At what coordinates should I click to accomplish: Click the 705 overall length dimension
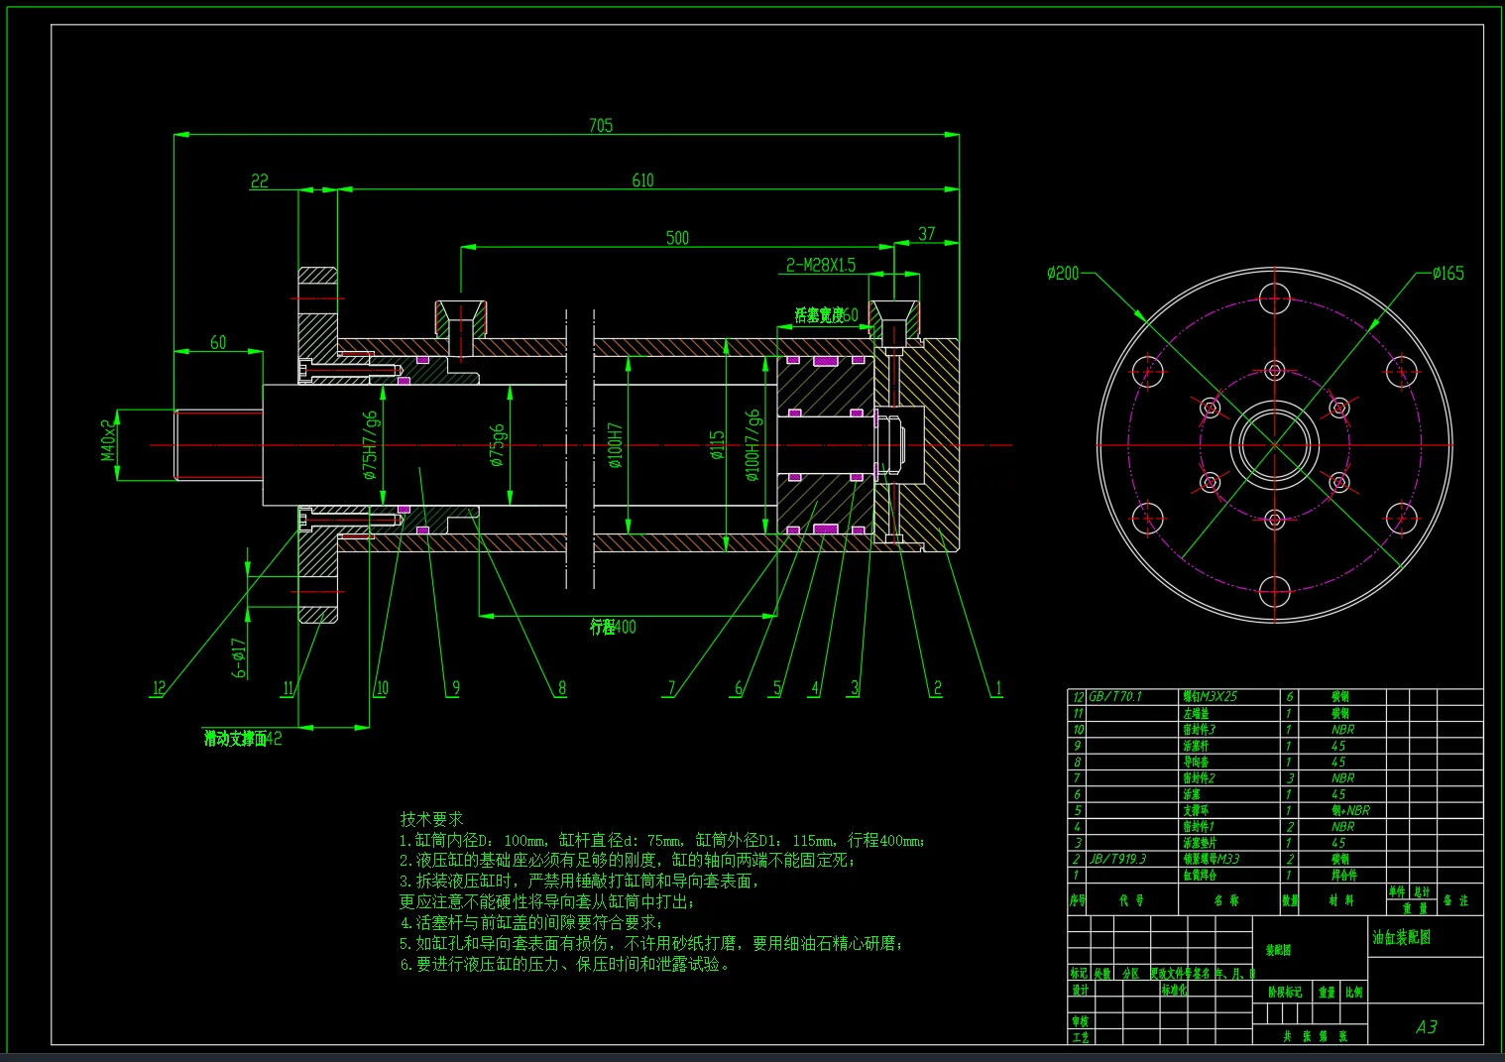pyautogui.click(x=601, y=126)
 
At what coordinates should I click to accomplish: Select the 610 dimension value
pyautogui.click(x=642, y=180)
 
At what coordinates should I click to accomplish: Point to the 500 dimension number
pyautogui.click(x=677, y=238)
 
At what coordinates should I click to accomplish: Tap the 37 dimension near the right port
pyautogui.click(x=926, y=234)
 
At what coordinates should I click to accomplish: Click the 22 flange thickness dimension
pyautogui.click(x=260, y=180)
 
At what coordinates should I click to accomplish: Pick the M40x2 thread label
pyautogui.click(x=109, y=439)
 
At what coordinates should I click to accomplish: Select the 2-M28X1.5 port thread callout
pyautogui.click(x=820, y=265)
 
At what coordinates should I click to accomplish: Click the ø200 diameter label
pyautogui.click(x=1063, y=273)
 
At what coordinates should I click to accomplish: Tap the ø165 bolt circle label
pyautogui.click(x=1447, y=273)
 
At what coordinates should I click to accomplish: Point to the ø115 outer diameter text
pyautogui.click(x=717, y=444)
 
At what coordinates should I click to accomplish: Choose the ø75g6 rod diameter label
pyautogui.click(x=497, y=445)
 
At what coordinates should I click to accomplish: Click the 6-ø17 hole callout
pyautogui.click(x=239, y=657)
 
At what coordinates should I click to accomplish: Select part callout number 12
pyautogui.click(x=159, y=688)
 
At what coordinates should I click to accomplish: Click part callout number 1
pyautogui.click(x=998, y=688)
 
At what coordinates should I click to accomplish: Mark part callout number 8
pyautogui.click(x=562, y=688)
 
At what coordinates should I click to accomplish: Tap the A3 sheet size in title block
pyautogui.click(x=1426, y=1026)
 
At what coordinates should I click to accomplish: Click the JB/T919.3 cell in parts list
pyautogui.click(x=1117, y=859)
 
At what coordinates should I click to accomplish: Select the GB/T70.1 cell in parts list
pyautogui.click(x=1114, y=696)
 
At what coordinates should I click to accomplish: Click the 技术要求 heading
pyautogui.click(x=431, y=819)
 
